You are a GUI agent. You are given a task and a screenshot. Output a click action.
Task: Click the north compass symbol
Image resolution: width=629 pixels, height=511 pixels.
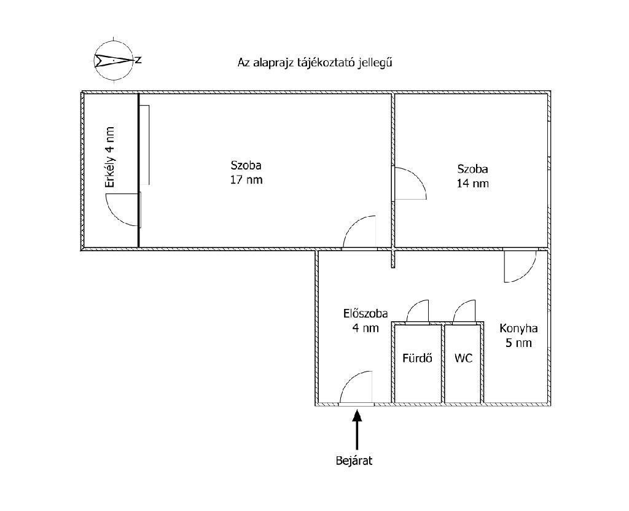click(x=114, y=60)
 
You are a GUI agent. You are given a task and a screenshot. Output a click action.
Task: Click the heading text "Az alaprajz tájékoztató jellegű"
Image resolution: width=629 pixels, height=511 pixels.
click(x=314, y=62)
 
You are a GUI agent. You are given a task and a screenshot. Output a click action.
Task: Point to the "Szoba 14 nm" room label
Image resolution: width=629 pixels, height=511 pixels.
click(x=472, y=176)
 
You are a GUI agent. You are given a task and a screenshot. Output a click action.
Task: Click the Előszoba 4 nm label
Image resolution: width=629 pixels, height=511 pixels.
click(x=365, y=321)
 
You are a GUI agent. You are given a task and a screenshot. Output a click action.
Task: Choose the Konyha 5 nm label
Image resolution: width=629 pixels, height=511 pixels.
click(x=518, y=335)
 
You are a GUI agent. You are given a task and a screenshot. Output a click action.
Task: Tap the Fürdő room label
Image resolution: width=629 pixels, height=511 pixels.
click(x=417, y=358)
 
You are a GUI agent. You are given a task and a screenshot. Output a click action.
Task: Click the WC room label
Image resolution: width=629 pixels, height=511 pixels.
click(x=464, y=358)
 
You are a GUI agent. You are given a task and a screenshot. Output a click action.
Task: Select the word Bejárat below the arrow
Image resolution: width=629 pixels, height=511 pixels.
click(x=354, y=461)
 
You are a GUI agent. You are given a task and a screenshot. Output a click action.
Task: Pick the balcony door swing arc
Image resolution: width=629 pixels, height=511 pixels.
click(x=123, y=209)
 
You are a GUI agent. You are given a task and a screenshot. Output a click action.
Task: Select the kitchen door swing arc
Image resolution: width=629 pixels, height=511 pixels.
click(x=519, y=266)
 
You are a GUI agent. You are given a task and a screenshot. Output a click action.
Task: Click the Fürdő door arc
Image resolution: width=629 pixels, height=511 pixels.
click(x=418, y=311)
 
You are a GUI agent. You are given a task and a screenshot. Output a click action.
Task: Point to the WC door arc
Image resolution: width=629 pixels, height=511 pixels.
click(x=464, y=311)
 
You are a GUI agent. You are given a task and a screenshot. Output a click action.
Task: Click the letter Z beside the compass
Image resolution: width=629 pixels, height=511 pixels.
click(x=139, y=60)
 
